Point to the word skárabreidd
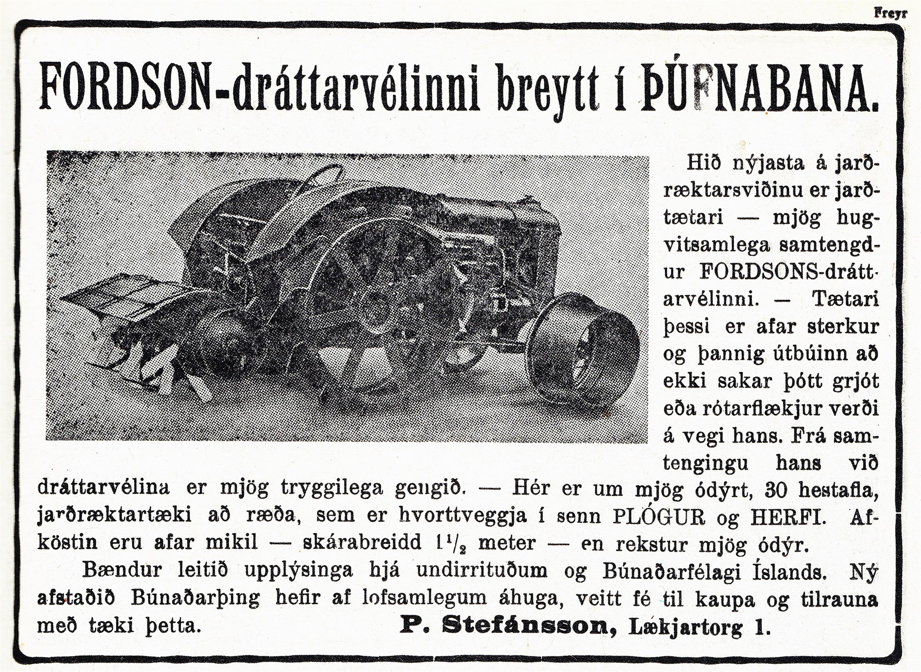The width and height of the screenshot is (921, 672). tap(362, 543)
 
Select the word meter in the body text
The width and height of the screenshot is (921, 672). tap(507, 543)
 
